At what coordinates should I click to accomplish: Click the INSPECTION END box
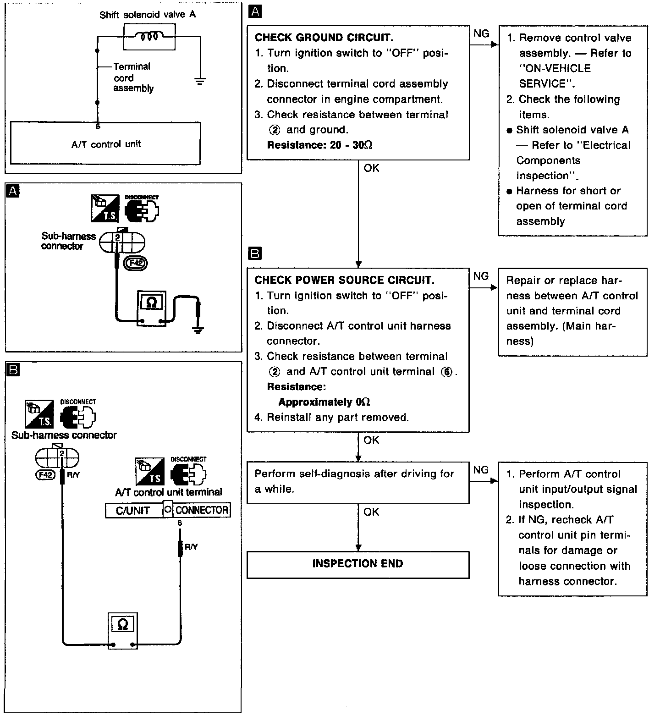[357, 564]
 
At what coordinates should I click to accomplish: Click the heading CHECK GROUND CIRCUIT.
[324, 38]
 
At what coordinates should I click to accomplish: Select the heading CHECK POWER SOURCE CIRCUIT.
[344, 280]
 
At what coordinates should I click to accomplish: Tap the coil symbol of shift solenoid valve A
[149, 36]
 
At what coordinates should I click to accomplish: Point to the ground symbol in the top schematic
[200, 82]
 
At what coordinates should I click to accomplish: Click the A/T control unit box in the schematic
[105, 143]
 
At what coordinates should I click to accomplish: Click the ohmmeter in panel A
[152, 308]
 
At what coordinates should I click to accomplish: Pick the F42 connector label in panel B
[45, 475]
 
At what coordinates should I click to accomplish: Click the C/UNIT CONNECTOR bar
[168, 510]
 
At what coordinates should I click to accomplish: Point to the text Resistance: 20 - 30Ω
[319, 145]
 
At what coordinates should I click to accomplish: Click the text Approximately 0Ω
[324, 402]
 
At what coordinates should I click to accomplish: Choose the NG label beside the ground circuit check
[481, 33]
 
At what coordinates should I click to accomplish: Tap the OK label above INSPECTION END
[371, 512]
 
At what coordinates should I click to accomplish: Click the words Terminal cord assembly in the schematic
[133, 77]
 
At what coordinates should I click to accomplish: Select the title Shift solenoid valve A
[148, 15]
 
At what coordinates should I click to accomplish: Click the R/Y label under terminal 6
[191, 547]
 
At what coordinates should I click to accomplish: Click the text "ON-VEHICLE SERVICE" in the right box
[555, 76]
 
